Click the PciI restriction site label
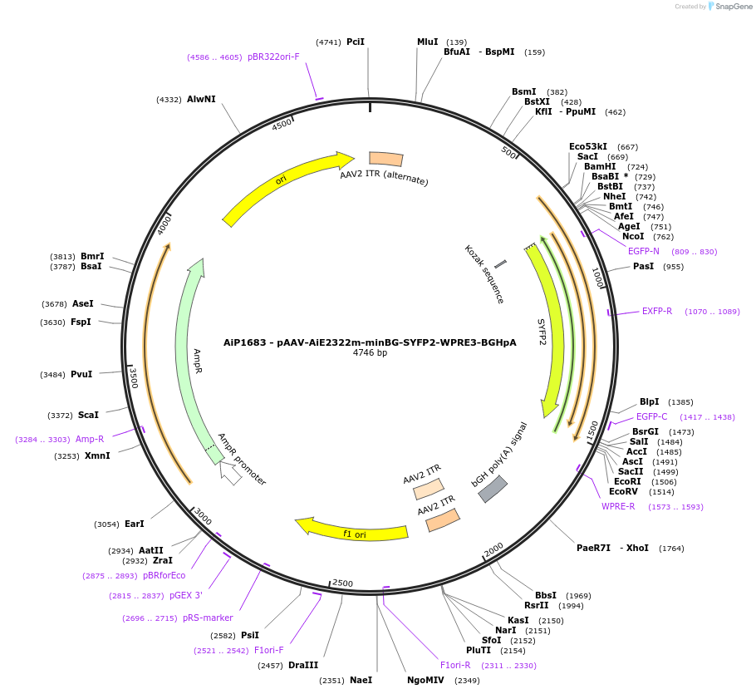pos(356,42)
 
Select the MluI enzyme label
pos(427,42)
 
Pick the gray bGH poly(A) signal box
pos(493,490)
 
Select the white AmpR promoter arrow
pos(230,474)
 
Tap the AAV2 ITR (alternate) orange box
pos(386,159)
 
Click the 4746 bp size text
pos(370,353)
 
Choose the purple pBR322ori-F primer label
pos(273,57)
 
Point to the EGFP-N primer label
pos(644,251)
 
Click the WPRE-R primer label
pos(618,506)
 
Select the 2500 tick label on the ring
pos(343,583)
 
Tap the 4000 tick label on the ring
pos(164,224)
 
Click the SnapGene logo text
pos(729,7)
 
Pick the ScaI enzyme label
pos(88,415)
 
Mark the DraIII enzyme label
pos(303,665)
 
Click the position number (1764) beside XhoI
pos(671,549)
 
